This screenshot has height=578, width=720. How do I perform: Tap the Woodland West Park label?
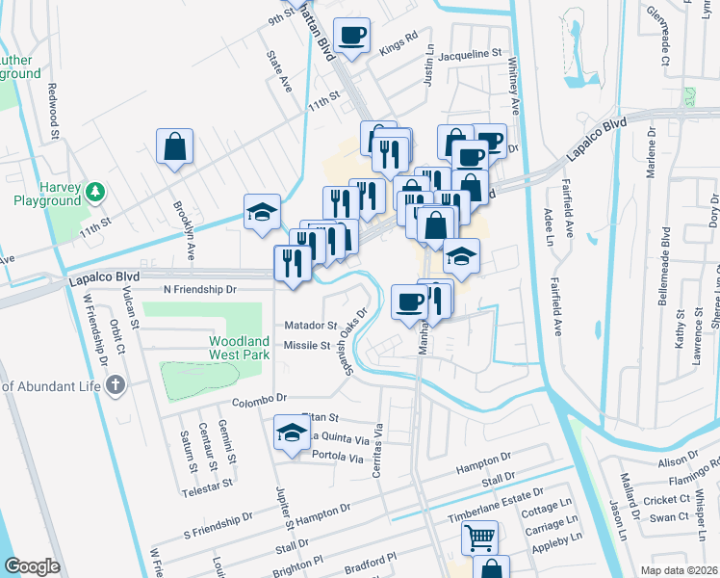[241, 349]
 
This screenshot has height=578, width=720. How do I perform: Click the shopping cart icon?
[479, 537]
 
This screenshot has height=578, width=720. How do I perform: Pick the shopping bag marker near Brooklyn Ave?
[174, 148]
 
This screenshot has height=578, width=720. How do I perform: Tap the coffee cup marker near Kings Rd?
[351, 36]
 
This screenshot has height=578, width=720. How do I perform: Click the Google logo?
[32, 565]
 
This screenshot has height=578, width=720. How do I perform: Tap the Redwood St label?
[54, 107]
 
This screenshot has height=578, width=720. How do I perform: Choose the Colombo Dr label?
[259, 398]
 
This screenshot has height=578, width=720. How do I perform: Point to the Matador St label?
[310, 326]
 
